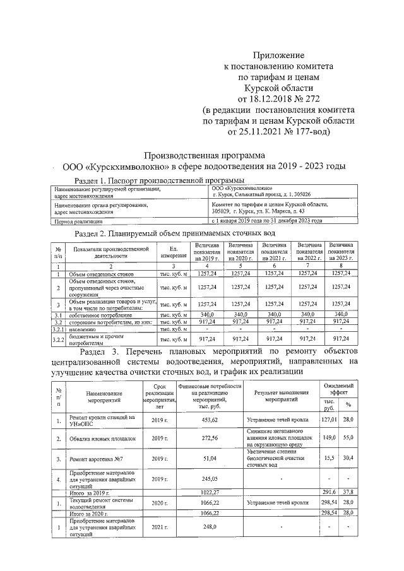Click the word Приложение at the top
coord(278,56)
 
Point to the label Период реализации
coord(79,221)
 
